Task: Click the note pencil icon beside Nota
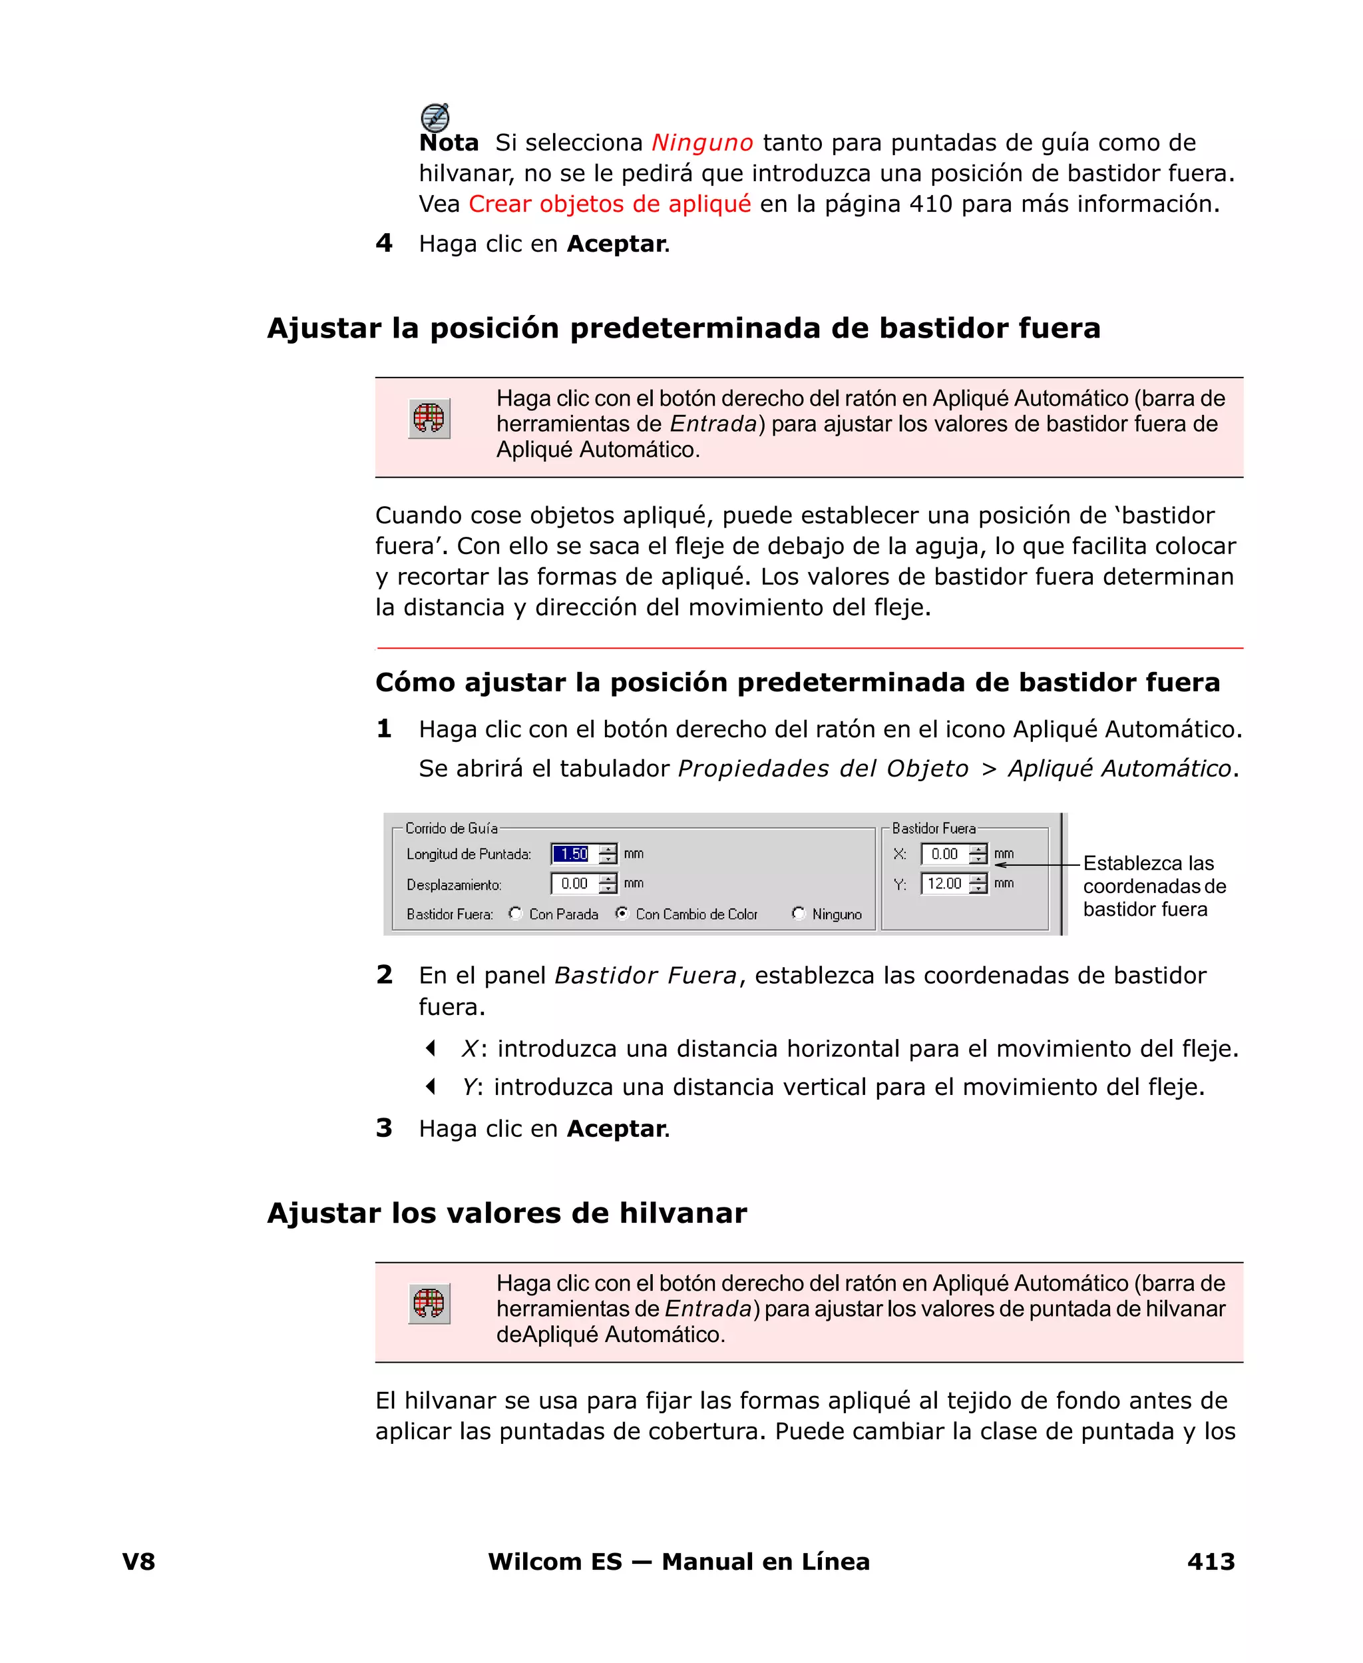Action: point(435,117)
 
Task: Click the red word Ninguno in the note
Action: point(702,143)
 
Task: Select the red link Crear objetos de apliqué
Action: point(609,204)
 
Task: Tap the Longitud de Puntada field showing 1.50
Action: point(574,854)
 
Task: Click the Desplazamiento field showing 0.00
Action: point(574,884)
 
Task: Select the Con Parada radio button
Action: point(515,914)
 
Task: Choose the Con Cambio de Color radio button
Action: point(622,914)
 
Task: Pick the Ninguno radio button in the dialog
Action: point(799,914)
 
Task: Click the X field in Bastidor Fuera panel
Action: point(944,854)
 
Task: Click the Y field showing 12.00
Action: point(944,884)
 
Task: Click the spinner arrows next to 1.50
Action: point(608,854)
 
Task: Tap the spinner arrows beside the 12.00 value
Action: point(978,884)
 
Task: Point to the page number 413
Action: point(1211,1562)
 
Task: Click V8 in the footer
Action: point(139,1562)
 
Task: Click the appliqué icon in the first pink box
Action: point(429,419)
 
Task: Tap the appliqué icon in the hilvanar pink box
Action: point(429,1304)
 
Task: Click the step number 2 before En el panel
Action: point(384,975)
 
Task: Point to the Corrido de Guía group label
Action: point(451,828)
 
